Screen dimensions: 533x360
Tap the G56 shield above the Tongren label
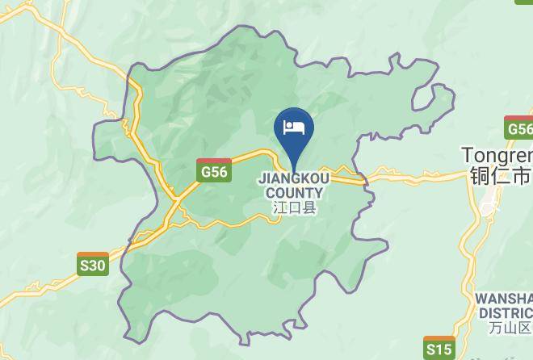(x=519, y=129)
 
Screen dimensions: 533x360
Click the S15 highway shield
(x=439, y=349)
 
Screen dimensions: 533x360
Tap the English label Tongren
(x=497, y=154)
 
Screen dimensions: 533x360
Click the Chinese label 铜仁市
(x=499, y=175)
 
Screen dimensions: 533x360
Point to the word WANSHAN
(x=504, y=299)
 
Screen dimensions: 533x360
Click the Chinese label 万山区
(x=510, y=328)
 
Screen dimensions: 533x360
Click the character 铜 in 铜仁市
(x=476, y=175)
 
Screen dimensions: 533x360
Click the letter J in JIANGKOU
(x=261, y=178)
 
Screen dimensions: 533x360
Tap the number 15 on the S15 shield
(x=443, y=349)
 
